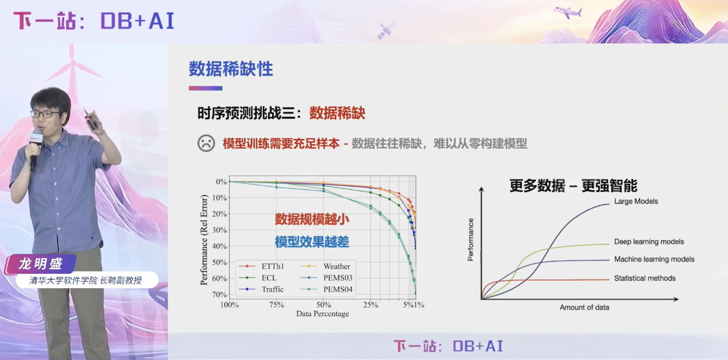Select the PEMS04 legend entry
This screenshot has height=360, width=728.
(337, 289)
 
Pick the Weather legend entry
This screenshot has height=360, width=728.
(336, 266)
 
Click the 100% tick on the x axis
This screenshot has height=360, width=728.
(230, 304)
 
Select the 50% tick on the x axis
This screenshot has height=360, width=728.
(323, 304)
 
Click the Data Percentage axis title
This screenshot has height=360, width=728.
(322, 314)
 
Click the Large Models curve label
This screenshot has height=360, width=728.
(636, 201)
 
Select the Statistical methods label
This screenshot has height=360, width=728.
(645, 278)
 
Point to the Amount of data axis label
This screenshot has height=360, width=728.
(584, 307)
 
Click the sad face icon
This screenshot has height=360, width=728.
(206, 143)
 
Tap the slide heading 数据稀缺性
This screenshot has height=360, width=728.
(230, 69)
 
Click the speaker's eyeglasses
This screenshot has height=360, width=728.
(45, 115)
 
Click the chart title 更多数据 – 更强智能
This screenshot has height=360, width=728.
(573, 185)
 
